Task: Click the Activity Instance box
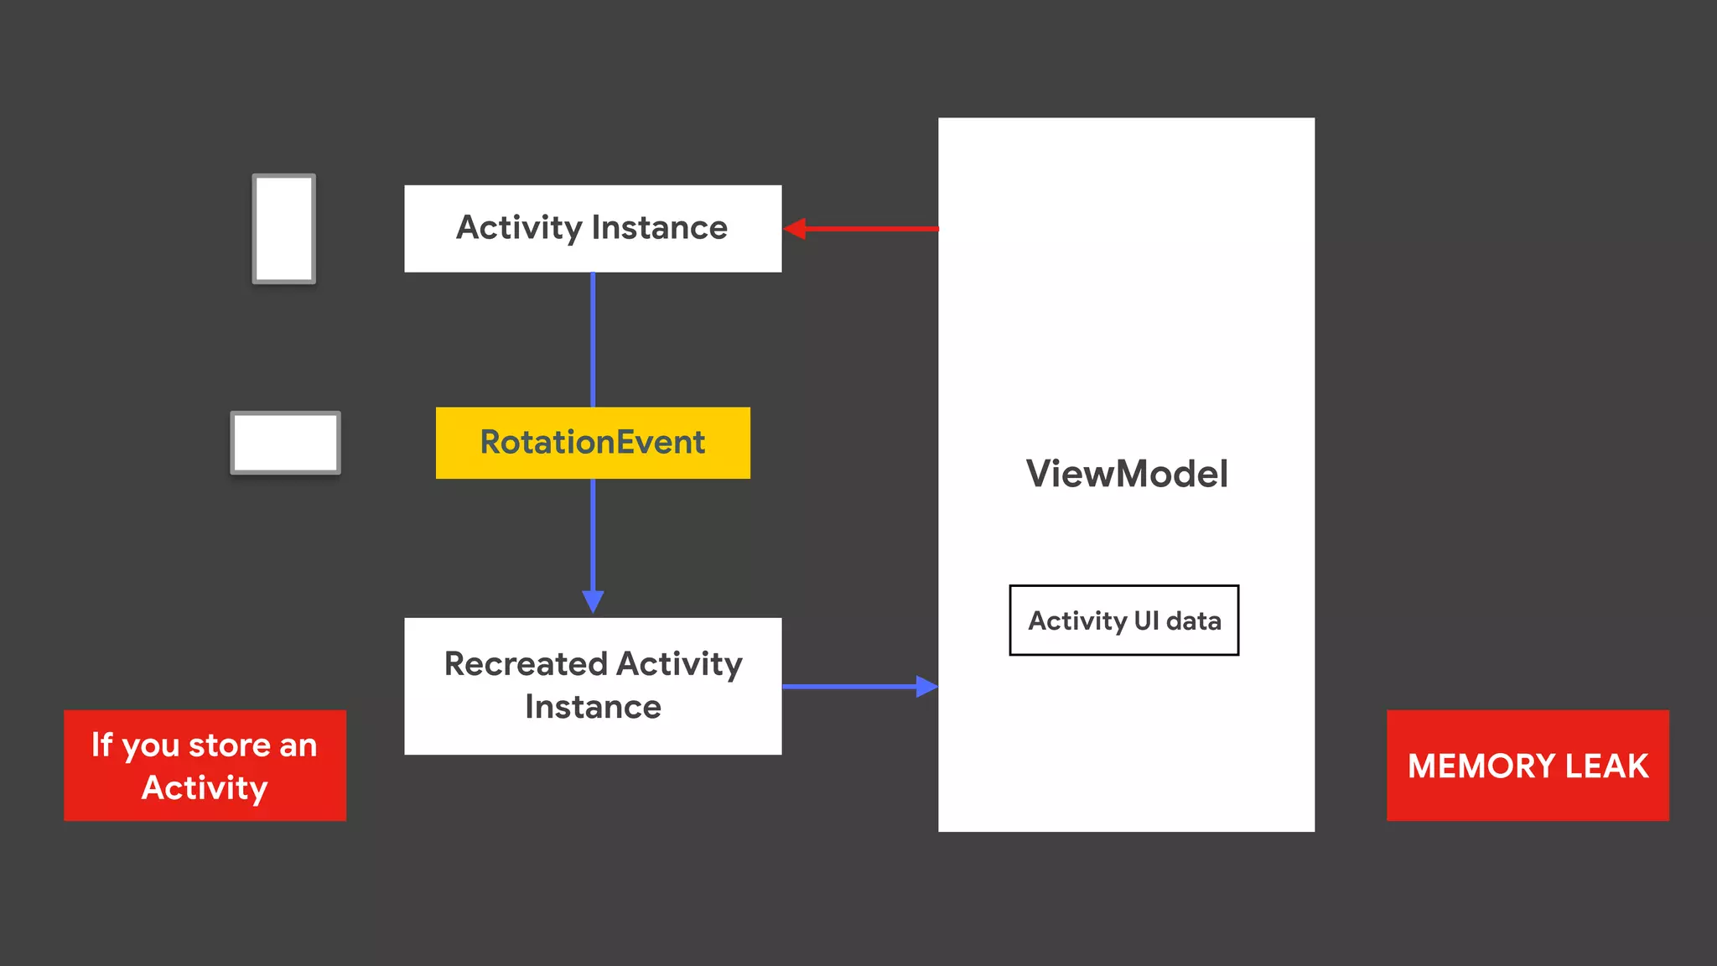tap(593, 228)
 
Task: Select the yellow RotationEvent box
tap(593, 443)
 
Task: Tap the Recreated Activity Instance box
tap(593, 686)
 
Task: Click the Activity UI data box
tap(1123, 621)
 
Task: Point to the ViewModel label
tap(1127, 474)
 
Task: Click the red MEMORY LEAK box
tap(1528, 765)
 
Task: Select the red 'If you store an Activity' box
tap(205, 765)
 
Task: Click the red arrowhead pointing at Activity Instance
tap(795, 228)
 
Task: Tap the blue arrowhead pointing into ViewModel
tap(926, 687)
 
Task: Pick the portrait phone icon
tap(284, 228)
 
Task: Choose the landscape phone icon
tap(285, 443)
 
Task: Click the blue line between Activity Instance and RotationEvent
tap(593, 340)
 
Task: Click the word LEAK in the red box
tap(1606, 766)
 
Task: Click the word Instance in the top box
tap(659, 228)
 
